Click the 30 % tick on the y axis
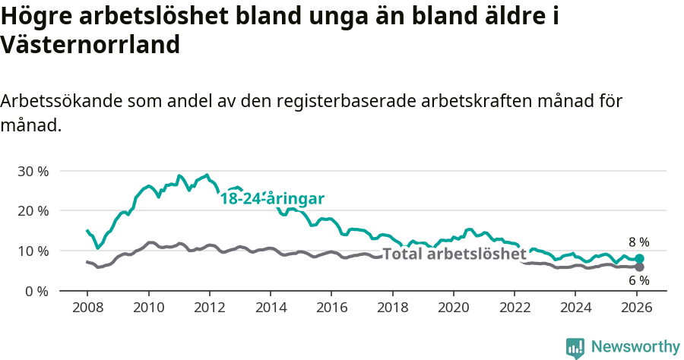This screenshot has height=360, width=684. click(32, 171)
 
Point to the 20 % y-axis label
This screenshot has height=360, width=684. click(32, 210)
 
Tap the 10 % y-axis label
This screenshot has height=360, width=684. click(32, 251)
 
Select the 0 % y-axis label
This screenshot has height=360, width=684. click(36, 291)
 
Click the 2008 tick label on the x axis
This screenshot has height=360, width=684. click(87, 309)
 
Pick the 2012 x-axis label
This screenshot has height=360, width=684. click(209, 309)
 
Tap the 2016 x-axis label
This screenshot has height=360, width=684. click(331, 309)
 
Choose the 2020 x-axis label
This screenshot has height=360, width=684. click(453, 309)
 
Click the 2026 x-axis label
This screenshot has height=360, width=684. click(636, 309)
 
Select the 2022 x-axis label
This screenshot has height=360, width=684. click(515, 309)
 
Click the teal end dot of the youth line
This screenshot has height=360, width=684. click(640, 259)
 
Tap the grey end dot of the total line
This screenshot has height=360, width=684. click(640, 267)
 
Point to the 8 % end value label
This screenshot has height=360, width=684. click(638, 242)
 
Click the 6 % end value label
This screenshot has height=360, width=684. click(638, 282)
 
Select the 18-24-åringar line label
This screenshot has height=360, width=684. click(273, 199)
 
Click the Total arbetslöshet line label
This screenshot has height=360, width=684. click(454, 254)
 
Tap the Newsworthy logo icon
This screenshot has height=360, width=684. click(575, 347)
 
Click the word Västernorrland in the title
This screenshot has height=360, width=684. click(90, 45)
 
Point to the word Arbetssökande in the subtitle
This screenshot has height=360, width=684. click(62, 101)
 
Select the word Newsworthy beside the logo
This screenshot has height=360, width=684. click(635, 347)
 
